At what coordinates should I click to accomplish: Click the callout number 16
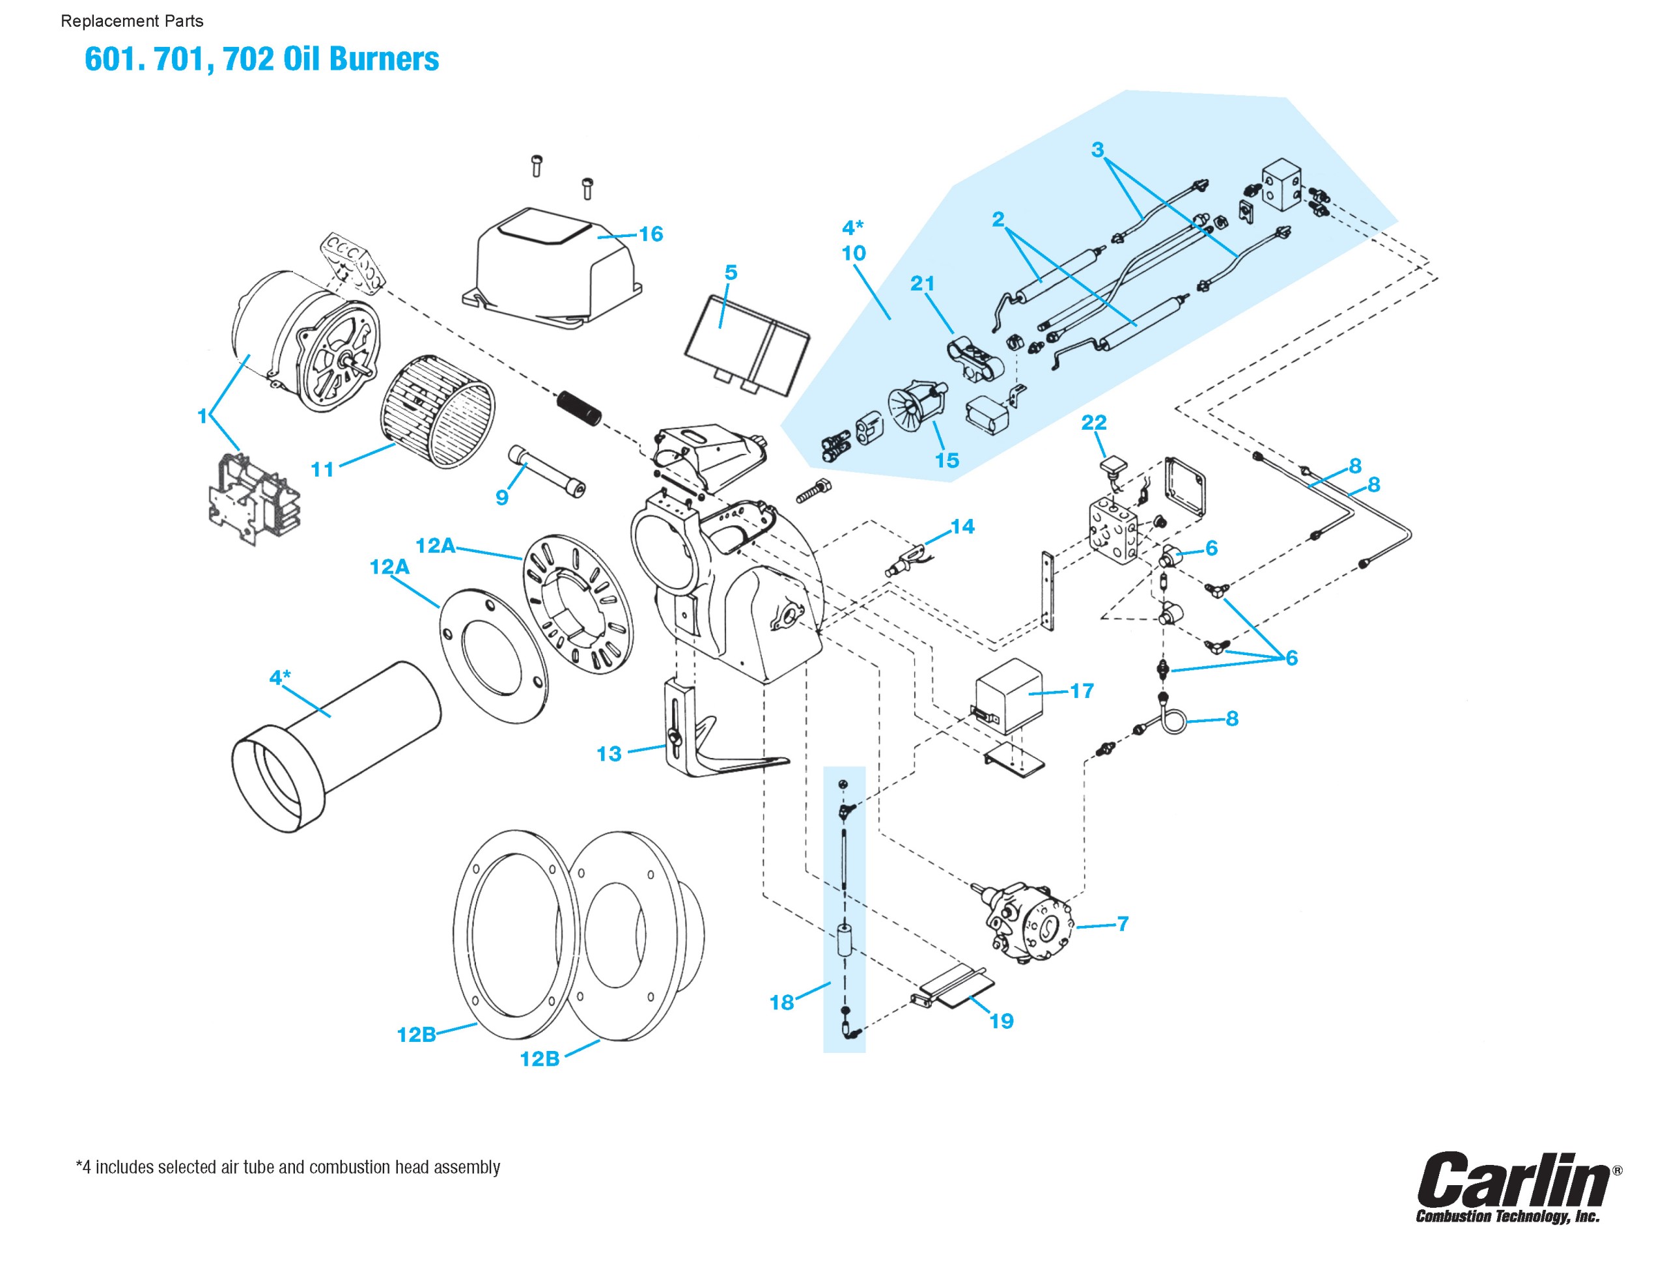tap(651, 234)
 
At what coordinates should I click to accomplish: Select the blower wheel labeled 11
tap(438, 412)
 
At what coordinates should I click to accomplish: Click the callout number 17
tap(1082, 691)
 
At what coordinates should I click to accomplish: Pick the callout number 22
tap(1094, 422)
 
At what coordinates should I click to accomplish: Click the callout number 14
tap(962, 526)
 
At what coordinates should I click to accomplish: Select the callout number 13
tap(609, 754)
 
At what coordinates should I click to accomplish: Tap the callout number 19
tap(1002, 1021)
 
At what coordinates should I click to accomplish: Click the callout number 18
tap(781, 1002)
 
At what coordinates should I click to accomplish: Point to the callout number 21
tap(922, 283)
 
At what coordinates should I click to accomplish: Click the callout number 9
tap(501, 497)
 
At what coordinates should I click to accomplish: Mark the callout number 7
tap(1123, 924)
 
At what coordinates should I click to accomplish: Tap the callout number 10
tap(853, 253)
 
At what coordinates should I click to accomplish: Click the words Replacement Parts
tap(132, 21)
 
